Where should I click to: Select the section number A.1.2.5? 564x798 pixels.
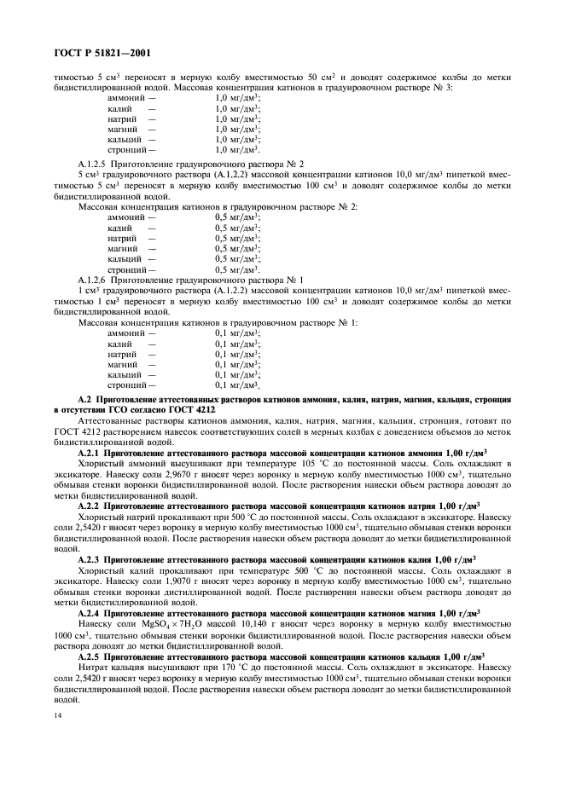tap(93, 164)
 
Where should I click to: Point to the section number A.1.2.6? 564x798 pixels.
tap(93, 280)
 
